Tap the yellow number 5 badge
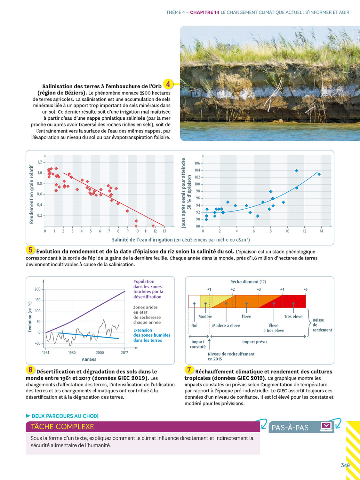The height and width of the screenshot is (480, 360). coord(30,250)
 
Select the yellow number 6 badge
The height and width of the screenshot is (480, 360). coord(30,370)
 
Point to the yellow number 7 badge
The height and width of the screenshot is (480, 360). coord(189,370)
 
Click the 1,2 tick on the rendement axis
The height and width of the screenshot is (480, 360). coord(40,162)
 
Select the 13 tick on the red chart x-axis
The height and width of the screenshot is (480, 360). coord(164,231)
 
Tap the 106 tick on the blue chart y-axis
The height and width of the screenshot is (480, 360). coord(197,163)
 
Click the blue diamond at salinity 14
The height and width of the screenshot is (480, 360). coord(319,174)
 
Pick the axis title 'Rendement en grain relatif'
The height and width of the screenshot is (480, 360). coord(31,195)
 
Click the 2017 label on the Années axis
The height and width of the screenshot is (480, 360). coord(124,353)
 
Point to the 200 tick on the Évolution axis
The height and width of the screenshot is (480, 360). coord(37,289)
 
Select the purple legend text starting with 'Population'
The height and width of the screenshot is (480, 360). coord(148,289)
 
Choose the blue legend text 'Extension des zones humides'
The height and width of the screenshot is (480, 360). coord(152,335)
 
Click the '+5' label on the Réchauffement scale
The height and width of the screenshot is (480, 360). coord(306,289)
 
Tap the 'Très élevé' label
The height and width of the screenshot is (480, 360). coord(293,316)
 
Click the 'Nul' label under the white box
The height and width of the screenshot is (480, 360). coord(194,325)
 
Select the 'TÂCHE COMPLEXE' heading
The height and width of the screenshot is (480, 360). coord(62,427)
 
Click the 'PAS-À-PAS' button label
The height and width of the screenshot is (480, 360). coord(290,428)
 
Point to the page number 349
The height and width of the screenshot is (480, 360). coord(345,465)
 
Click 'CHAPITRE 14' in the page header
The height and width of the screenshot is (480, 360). coord(204,12)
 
